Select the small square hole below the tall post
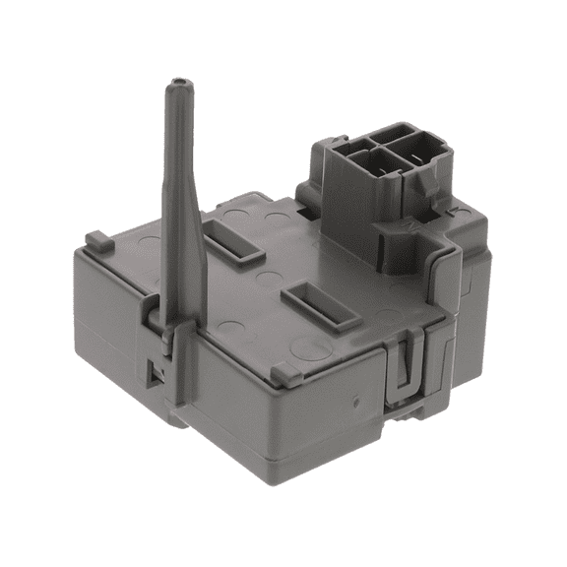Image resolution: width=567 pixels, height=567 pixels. (154, 373)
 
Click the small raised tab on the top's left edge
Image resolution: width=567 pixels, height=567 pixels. (94, 239)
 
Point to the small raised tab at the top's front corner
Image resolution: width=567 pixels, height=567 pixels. (281, 373)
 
